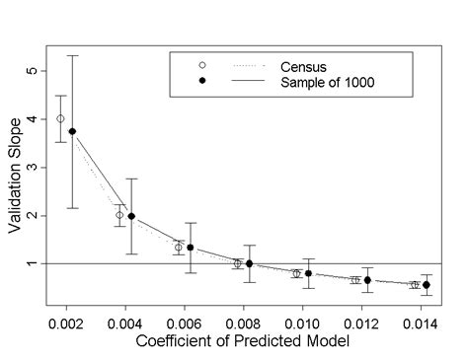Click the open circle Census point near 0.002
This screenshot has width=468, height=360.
point(60,118)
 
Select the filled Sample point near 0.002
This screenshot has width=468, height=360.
point(72,131)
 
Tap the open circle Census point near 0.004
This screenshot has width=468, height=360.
point(119,215)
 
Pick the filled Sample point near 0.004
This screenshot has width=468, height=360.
point(131,216)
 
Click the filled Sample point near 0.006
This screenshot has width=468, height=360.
point(191,248)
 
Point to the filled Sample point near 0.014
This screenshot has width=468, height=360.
point(427,284)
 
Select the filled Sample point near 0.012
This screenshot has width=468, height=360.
point(367,280)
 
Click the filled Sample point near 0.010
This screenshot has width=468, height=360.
point(309,273)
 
